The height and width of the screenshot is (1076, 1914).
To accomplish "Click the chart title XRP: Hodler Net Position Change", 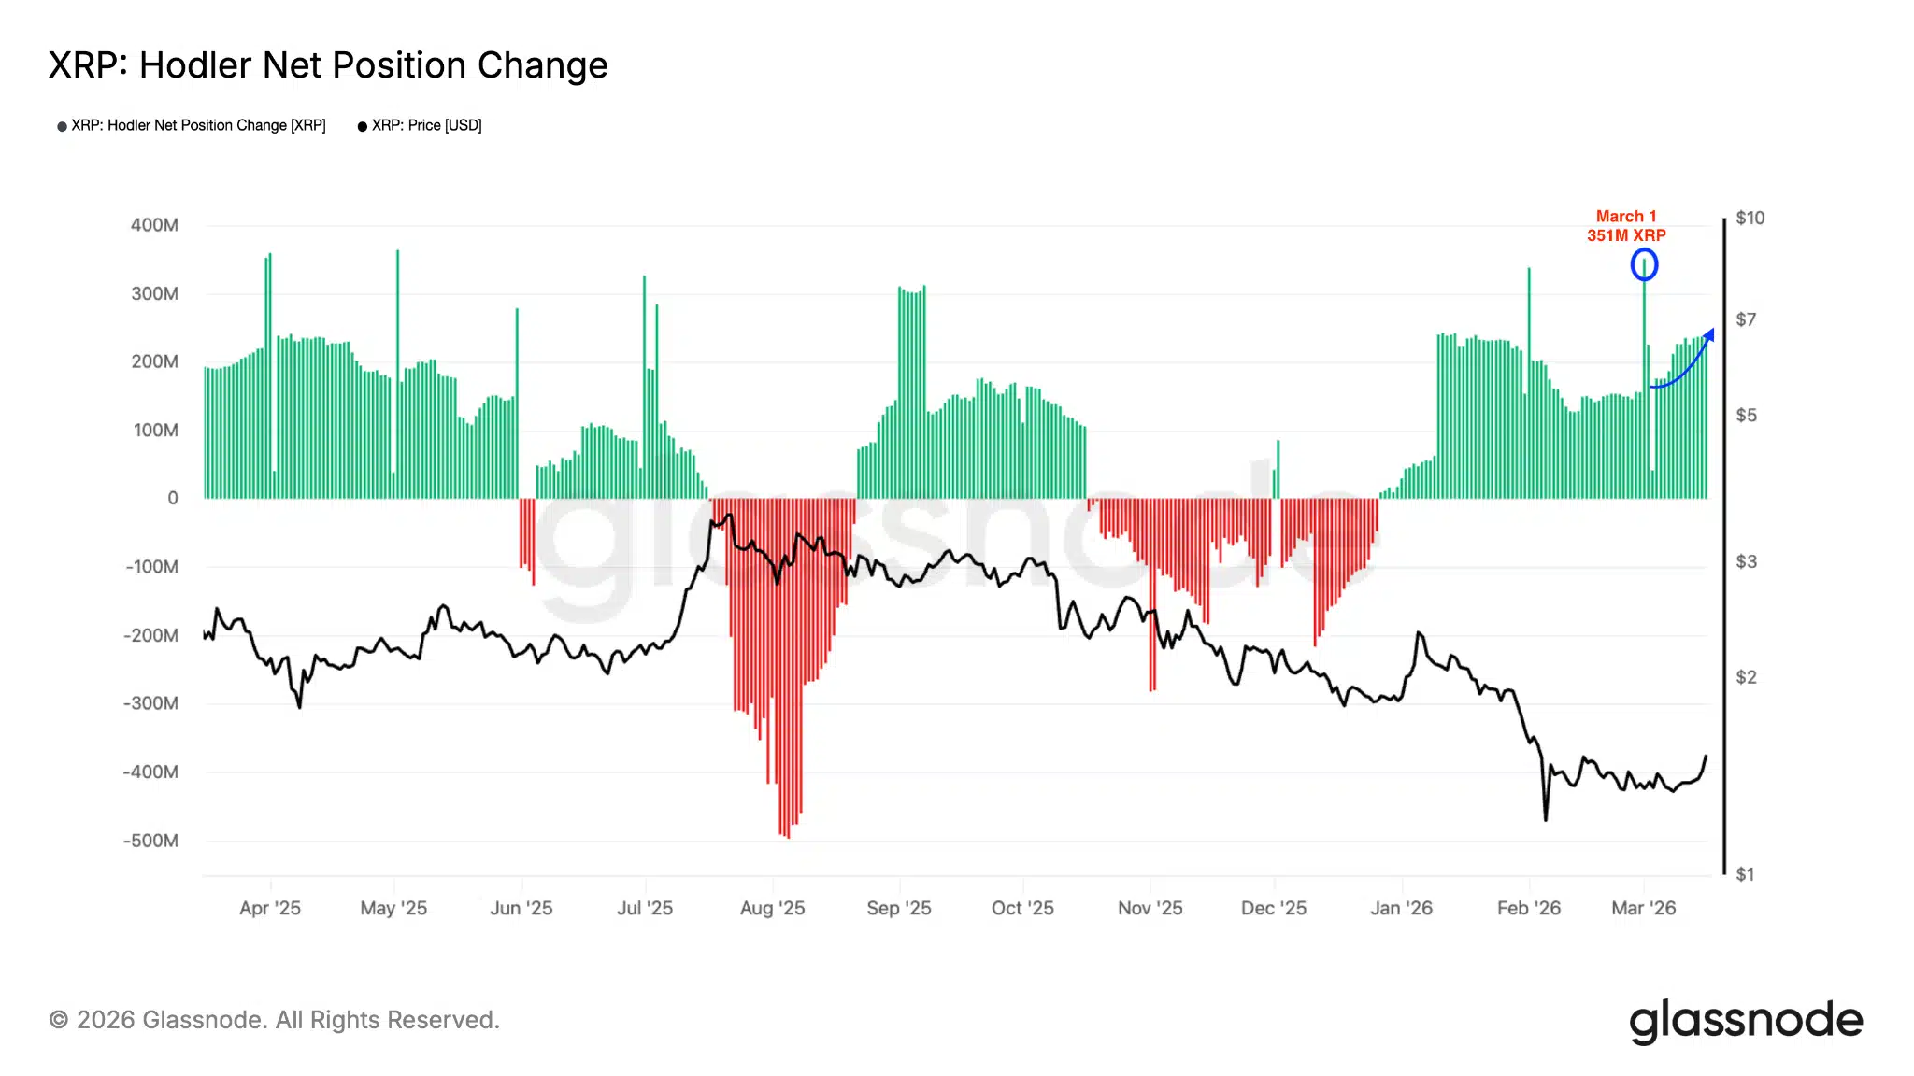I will pos(328,65).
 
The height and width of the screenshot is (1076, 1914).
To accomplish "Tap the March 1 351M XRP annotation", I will pos(1626,226).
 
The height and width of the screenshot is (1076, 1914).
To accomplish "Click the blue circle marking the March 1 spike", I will pos(1644,265).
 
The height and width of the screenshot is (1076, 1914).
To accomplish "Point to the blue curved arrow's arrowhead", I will pos(1710,333).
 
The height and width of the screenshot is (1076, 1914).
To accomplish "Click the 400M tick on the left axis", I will pos(154,225).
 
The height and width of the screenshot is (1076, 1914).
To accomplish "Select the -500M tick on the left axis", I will pos(150,841).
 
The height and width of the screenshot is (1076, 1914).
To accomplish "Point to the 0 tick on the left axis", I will pos(173,499).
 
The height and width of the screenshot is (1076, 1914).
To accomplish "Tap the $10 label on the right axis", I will pos(1750,218).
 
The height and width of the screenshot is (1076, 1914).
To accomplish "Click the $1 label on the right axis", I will pos(1745,874).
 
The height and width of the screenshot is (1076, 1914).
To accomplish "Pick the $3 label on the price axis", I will pos(1746,561).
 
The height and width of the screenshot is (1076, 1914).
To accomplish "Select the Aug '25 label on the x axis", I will pos(772,908).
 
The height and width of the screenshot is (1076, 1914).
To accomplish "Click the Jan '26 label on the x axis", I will pos(1401,908).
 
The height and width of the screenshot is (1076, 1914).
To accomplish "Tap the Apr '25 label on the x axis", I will pos(270,908).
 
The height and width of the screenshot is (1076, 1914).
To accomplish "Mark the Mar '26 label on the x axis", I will pos(1644,908).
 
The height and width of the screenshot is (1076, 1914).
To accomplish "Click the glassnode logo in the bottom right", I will pos(1746,1021).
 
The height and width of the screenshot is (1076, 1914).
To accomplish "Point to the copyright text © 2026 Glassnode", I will pos(274,1020).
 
